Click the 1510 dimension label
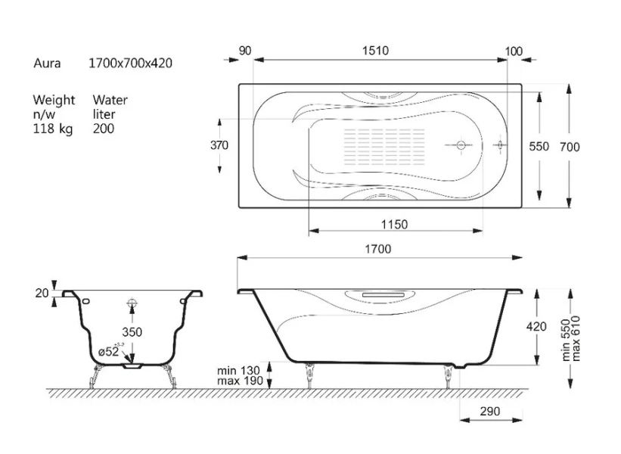pyautogui.click(x=375, y=51)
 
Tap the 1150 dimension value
pyautogui.click(x=394, y=225)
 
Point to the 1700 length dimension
pyautogui.click(x=378, y=249)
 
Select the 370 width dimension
pyautogui.click(x=219, y=145)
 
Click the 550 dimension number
pyautogui.click(x=539, y=147)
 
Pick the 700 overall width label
pyautogui.click(x=570, y=147)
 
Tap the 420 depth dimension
pyautogui.click(x=536, y=326)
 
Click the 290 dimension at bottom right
pyautogui.click(x=490, y=411)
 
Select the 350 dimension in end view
pyautogui.click(x=132, y=332)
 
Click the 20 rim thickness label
pyautogui.click(x=42, y=293)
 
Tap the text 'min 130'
pyautogui.click(x=238, y=371)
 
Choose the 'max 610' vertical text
pyautogui.click(x=576, y=338)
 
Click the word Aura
pyautogui.click(x=47, y=64)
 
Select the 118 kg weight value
pyautogui.click(x=53, y=129)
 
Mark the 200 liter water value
pyautogui.click(x=104, y=129)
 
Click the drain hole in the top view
pyautogui.click(x=461, y=145)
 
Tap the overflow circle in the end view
pyautogui.click(x=132, y=304)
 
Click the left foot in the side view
pyautogui.click(x=309, y=375)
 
